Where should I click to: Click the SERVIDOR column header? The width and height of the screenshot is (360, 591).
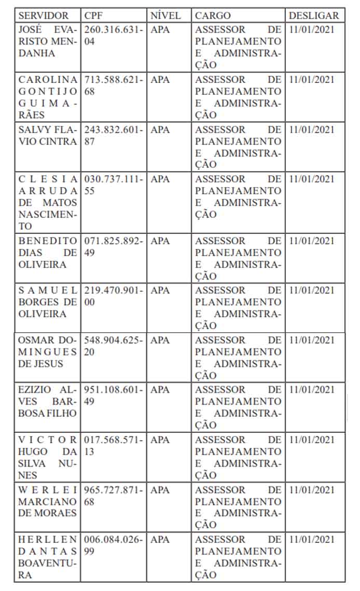pyautogui.click(x=43, y=16)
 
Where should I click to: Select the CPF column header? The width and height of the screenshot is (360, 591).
pyautogui.click(x=94, y=16)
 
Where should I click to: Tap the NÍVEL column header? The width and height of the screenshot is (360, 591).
pyautogui.click(x=165, y=16)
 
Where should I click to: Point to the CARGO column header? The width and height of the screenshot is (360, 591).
pyautogui.click(x=213, y=16)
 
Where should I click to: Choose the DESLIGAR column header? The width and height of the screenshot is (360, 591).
pyautogui.click(x=314, y=16)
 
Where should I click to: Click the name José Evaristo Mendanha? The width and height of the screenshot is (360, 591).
pyautogui.click(x=48, y=41)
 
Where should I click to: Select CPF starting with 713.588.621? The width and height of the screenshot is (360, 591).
pyautogui.click(x=113, y=85)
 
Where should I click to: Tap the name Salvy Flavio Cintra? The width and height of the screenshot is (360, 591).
pyautogui.click(x=48, y=135)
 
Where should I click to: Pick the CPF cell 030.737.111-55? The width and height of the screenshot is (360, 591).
pyautogui.click(x=113, y=185)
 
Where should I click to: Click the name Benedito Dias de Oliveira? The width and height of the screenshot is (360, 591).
pyautogui.click(x=48, y=252)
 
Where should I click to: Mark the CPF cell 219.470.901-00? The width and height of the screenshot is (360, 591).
pyautogui.click(x=113, y=296)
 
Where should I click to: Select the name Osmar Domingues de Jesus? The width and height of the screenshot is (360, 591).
pyautogui.click(x=48, y=351)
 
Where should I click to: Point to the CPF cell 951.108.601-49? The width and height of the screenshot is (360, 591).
pyautogui.click(x=113, y=396)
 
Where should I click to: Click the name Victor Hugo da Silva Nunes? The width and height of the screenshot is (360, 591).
pyautogui.click(x=48, y=457)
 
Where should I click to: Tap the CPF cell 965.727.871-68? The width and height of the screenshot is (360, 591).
pyautogui.click(x=113, y=495)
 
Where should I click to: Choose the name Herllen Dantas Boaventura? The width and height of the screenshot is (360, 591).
pyautogui.click(x=48, y=557)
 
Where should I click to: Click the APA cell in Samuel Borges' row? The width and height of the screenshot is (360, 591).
pyautogui.click(x=160, y=290)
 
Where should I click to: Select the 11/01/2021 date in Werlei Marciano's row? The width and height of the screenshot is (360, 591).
pyautogui.click(x=312, y=489)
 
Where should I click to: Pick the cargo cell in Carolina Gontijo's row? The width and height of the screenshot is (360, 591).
pyautogui.click(x=238, y=97)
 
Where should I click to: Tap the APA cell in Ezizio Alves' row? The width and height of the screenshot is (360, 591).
pyautogui.click(x=160, y=390)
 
